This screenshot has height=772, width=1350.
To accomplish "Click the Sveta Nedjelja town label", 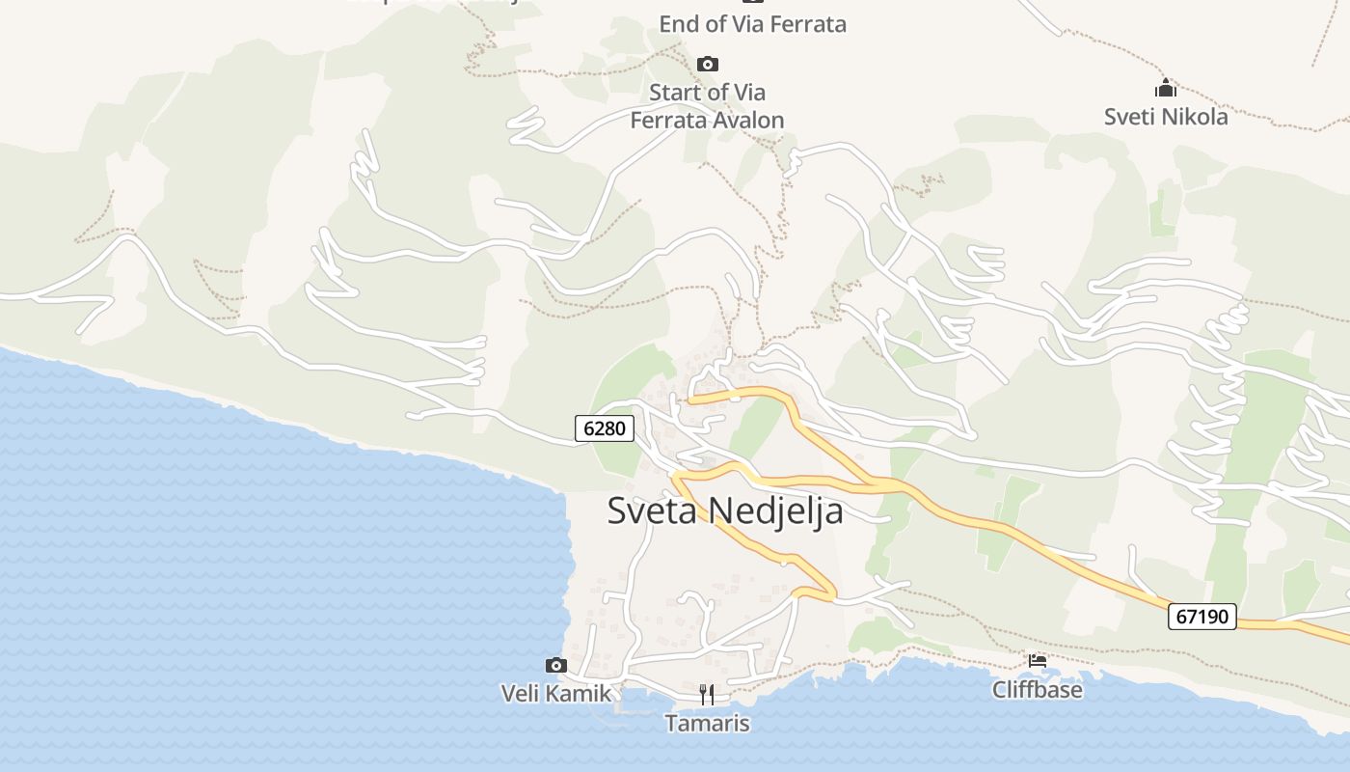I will [x=724, y=510].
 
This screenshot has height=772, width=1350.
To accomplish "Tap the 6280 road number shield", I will [x=605, y=427].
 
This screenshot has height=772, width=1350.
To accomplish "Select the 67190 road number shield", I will [x=1202, y=616].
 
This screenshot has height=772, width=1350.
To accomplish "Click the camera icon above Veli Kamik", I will [x=555, y=665].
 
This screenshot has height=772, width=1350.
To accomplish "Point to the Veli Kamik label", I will [x=555, y=693].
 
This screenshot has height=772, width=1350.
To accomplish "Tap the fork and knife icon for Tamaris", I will [x=707, y=694].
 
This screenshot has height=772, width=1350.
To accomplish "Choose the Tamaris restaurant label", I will [x=707, y=723].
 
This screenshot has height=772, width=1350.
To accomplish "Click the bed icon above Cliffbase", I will [x=1038, y=661].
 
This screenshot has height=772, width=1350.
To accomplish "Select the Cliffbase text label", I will [x=1038, y=690].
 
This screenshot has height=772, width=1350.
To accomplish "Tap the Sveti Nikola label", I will [x=1166, y=117].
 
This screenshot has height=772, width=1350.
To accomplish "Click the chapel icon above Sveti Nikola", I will [x=1166, y=89].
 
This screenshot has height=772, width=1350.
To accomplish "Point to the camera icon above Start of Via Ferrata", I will [x=708, y=64].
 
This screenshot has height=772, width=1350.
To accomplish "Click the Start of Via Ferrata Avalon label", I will [x=707, y=106].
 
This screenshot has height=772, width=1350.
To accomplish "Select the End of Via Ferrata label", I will [x=752, y=24].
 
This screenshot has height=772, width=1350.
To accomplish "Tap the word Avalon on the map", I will [x=744, y=121].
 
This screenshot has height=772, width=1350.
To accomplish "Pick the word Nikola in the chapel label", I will [x=1196, y=117].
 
